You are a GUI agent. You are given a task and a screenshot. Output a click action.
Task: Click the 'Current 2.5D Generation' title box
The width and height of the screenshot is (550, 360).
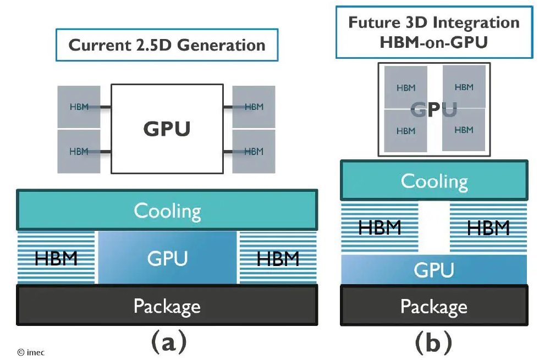(x=167, y=45)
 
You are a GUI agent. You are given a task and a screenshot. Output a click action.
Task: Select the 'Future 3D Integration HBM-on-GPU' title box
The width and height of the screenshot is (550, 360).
(x=434, y=32)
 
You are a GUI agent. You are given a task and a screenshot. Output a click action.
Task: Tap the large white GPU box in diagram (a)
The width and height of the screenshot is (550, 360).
(x=167, y=129)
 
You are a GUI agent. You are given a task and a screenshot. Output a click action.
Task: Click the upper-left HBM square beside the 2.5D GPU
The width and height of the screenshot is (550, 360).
(x=79, y=107)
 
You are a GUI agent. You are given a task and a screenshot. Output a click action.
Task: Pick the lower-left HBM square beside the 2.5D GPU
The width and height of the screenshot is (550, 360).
(x=79, y=151)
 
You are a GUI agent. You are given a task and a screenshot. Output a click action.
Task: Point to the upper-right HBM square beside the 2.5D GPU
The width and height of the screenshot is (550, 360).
(x=254, y=107)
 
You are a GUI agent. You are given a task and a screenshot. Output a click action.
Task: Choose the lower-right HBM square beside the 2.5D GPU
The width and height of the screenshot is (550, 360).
(x=254, y=151)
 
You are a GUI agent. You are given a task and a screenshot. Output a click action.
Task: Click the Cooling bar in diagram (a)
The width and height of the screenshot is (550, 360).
(x=167, y=210)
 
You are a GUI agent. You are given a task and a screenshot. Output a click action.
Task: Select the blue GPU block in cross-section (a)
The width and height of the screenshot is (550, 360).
(x=167, y=257)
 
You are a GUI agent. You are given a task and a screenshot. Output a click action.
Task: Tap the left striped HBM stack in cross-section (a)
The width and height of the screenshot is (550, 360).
(x=57, y=257)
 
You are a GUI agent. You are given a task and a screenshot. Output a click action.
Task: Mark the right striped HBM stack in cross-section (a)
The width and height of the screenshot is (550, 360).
(x=278, y=257)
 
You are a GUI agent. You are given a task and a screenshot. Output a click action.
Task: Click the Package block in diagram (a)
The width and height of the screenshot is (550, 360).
(x=167, y=304)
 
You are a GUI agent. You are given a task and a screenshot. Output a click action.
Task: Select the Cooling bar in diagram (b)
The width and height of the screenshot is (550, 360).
(x=434, y=180)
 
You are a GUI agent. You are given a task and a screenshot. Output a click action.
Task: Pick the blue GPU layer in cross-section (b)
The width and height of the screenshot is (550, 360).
(x=434, y=269)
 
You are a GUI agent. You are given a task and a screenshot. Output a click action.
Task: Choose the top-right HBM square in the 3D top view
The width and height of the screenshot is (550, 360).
(x=464, y=87)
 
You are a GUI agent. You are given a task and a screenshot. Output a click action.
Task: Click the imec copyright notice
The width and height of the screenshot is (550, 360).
(x=31, y=352)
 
